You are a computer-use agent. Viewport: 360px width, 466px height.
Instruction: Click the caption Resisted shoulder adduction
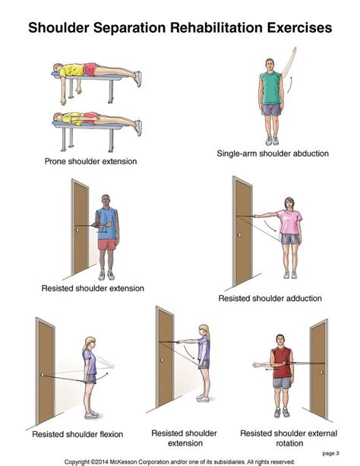tap(270, 299)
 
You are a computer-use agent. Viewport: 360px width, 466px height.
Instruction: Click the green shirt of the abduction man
tap(271, 88)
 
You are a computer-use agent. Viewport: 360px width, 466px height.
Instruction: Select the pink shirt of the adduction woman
tap(289, 221)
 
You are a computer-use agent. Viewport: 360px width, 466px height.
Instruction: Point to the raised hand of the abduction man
tap(295, 50)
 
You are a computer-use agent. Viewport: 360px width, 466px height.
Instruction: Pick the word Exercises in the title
tap(293, 28)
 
